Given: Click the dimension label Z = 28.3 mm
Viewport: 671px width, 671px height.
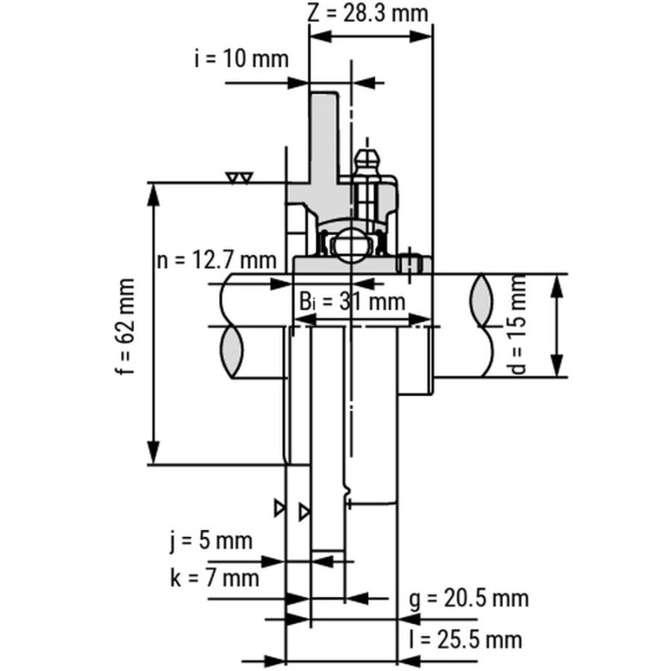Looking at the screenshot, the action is click(x=367, y=13).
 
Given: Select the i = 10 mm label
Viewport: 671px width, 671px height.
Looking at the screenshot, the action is click(x=242, y=59).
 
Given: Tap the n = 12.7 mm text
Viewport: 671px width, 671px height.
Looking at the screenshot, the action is click(x=216, y=260).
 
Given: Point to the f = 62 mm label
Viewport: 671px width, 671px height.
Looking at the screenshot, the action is click(x=125, y=327).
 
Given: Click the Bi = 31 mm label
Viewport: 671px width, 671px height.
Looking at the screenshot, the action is click(x=351, y=302).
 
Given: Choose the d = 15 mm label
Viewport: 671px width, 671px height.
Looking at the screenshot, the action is click(x=518, y=325).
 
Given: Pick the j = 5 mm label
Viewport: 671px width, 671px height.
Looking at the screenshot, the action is click(x=211, y=541).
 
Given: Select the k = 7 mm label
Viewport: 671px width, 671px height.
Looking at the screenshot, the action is click(x=215, y=578).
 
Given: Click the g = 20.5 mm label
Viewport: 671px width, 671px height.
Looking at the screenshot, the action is click(x=469, y=598).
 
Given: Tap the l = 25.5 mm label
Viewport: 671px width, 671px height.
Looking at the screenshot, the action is click(x=466, y=640).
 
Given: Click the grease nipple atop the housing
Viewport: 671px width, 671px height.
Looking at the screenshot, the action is click(x=367, y=162).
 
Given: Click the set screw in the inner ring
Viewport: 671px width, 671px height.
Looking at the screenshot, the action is click(x=410, y=264).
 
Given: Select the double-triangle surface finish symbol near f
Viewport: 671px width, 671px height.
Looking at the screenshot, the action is click(x=240, y=178).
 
